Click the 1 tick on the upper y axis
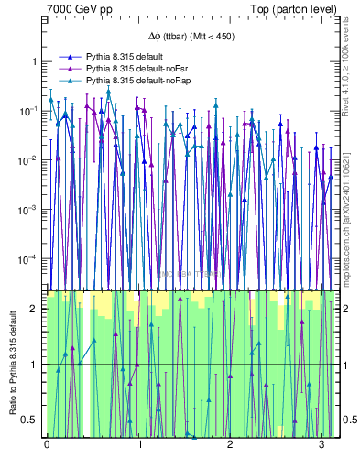34,61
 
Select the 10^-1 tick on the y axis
29,111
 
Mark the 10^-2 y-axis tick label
29,160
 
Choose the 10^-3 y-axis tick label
29,210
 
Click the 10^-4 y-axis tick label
29,259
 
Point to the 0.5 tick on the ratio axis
30,420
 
